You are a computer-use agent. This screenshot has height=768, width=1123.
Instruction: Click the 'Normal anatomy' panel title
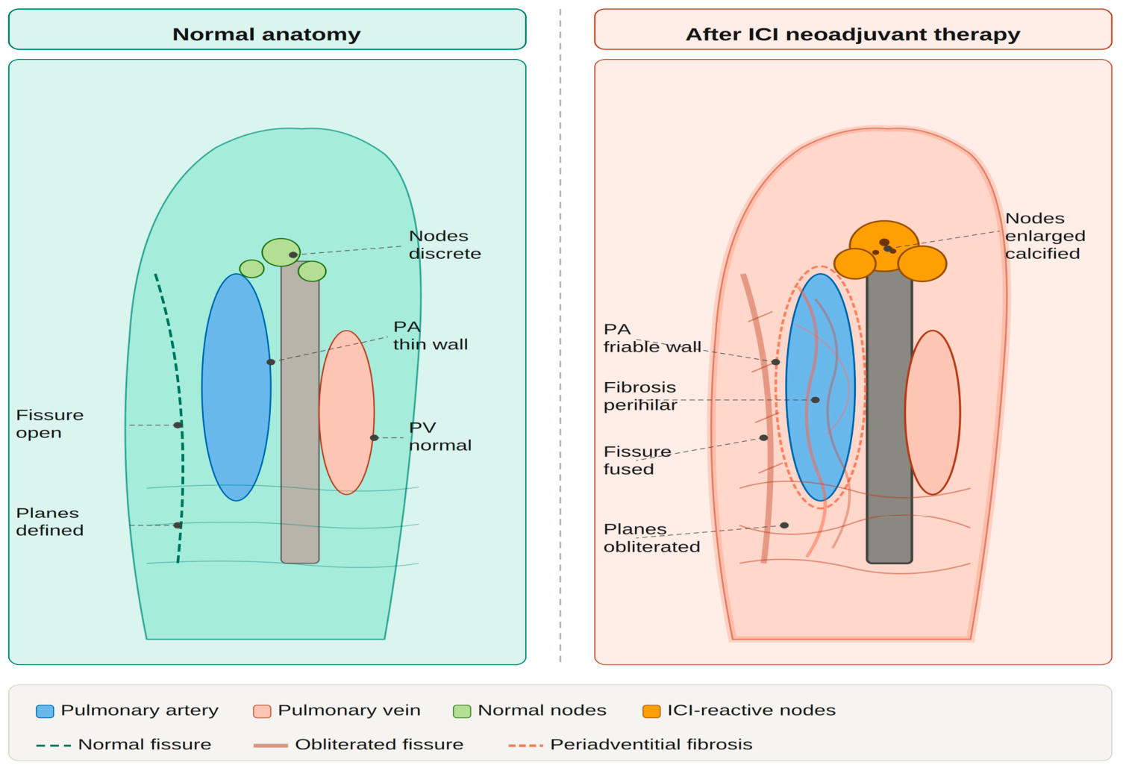pyautogui.click(x=266, y=34)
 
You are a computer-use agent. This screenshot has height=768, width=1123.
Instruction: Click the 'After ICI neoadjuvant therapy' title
pyautogui.click(x=853, y=34)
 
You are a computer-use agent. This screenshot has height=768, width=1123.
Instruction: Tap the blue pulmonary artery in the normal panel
pyautogui.click(x=236, y=387)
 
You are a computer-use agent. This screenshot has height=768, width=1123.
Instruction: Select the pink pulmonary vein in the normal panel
pyautogui.click(x=346, y=412)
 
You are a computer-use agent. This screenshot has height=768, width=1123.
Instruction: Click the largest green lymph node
pyautogui.click(x=281, y=252)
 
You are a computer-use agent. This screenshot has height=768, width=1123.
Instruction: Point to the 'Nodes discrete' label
pyautogui.click(x=445, y=245)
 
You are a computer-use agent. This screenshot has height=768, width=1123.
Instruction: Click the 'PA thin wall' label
pyautogui.click(x=430, y=335)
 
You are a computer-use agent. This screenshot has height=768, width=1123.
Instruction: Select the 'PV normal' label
pyautogui.click(x=440, y=436)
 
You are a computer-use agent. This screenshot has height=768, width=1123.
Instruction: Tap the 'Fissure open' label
pyautogui.click(x=50, y=424)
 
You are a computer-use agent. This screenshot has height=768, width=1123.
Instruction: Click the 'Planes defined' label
pyautogui.click(x=50, y=522)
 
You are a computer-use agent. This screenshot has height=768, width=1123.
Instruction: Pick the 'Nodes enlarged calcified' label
pyautogui.click(x=1045, y=236)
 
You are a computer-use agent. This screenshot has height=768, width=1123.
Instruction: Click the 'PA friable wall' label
pyautogui.click(x=651, y=338)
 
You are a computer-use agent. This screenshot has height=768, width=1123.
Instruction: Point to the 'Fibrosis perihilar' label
pyautogui.click(x=640, y=396)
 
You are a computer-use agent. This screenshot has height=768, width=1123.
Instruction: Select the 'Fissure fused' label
pyautogui.click(x=637, y=461)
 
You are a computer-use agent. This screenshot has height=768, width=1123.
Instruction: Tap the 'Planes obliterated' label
pyautogui.click(x=651, y=537)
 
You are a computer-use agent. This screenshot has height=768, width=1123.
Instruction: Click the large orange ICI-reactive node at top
pyautogui.click(x=884, y=246)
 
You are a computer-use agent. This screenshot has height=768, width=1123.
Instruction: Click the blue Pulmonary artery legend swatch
pyautogui.click(x=45, y=711)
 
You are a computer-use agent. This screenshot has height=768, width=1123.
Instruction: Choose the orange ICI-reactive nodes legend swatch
pyautogui.click(x=651, y=711)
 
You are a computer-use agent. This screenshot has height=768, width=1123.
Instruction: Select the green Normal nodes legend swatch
pyautogui.click(x=462, y=711)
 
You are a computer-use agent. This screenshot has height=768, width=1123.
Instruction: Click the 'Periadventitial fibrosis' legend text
pyautogui.click(x=651, y=744)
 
